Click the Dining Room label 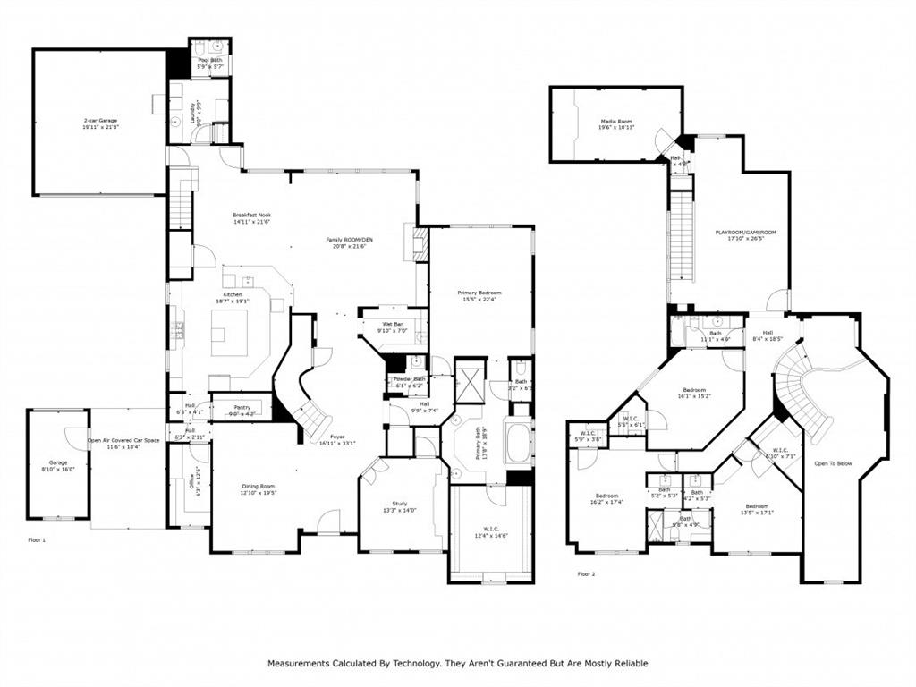pyautogui.click(x=258, y=488)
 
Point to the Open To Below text pyautogui.click(x=831, y=463)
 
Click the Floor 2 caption pyautogui.click(x=586, y=573)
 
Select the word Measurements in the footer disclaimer pyautogui.click(x=301, y=663)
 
